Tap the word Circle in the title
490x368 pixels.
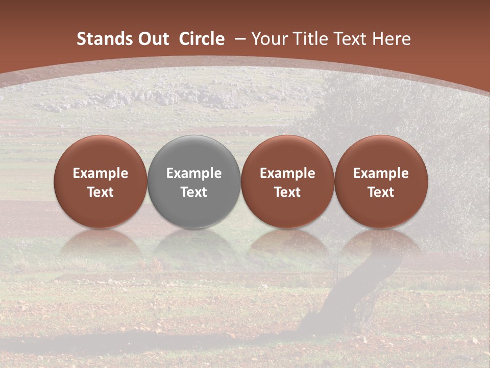click(x=202, y=39)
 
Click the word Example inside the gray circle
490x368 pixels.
click(x=194, y=173)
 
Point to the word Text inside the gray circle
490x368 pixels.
click(x=194, y=192)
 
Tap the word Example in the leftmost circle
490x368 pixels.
click(x=101, y=173)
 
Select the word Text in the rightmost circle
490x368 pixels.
click(x=381, y=192)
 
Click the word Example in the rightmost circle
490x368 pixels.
click(x=381, y=173)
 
